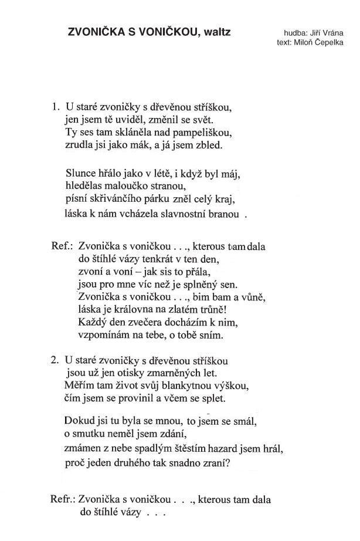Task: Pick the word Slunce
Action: click(79, 174)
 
